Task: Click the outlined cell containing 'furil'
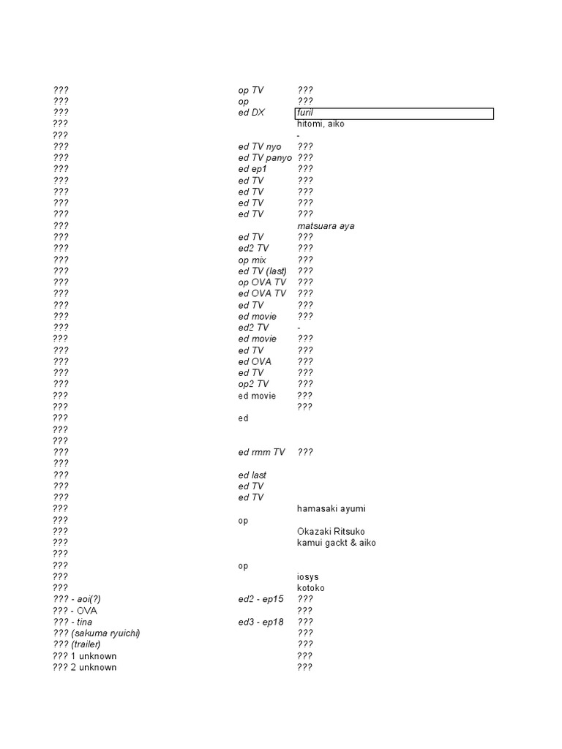coord(394,113)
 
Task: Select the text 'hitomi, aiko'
coord(321,124)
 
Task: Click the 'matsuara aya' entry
coord(326,226)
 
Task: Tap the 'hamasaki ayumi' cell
coord(331,509)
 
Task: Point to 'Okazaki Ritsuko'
coord(331,532)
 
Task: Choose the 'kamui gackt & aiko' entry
coord(337,543)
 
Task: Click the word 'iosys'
coord(308,577)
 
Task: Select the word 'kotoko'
coord(311,588)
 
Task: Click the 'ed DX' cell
coord(252,113)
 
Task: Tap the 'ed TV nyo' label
coord(259,147)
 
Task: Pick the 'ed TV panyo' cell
coord(264,158)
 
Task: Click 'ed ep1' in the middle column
coord(252,170)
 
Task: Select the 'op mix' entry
coord(252,260)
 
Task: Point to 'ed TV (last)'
coord(262,271)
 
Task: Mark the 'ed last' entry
coord(252,475)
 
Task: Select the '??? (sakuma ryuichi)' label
coord(96,633)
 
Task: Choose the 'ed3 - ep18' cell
coord(261,622)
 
